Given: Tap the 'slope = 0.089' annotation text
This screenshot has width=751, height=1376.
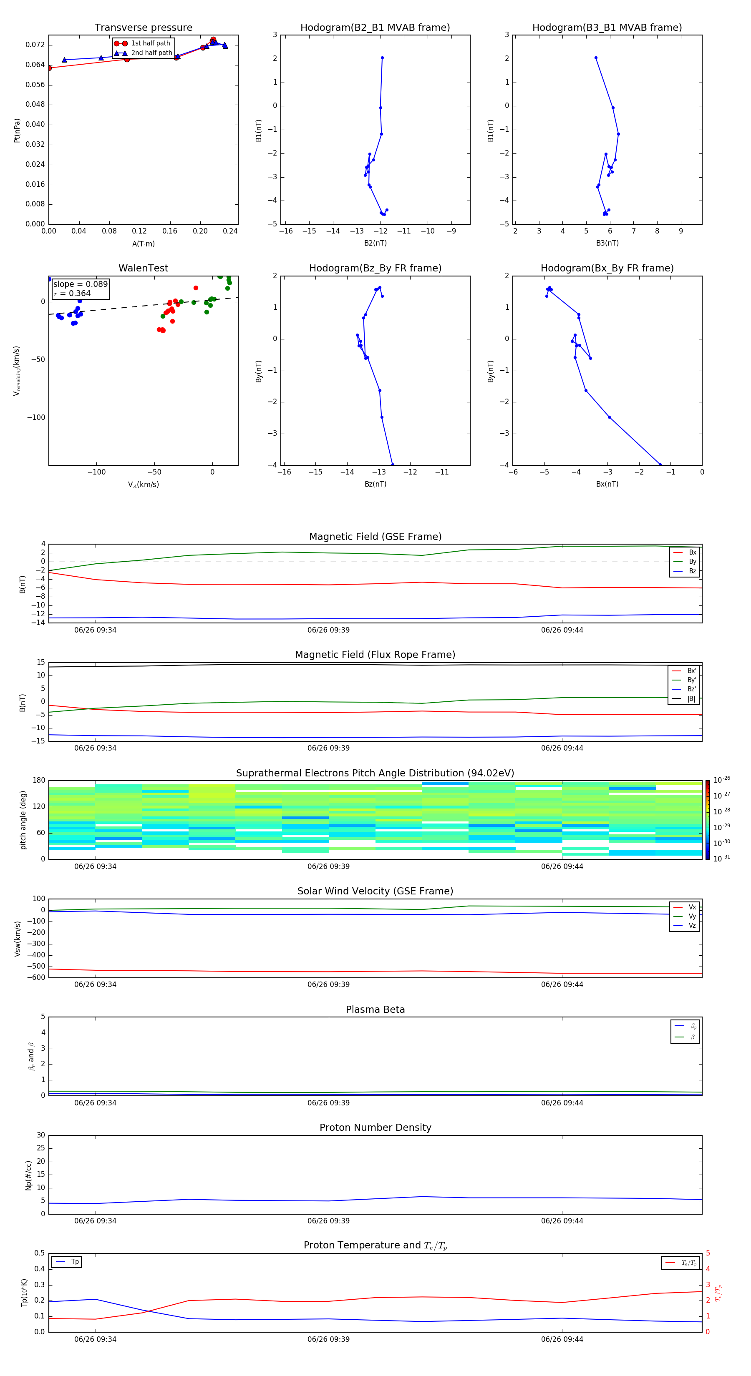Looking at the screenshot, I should (80, 284).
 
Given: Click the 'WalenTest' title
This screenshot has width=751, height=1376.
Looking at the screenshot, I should (143, 268).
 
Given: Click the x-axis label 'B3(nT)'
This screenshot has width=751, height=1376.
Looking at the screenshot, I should (607, 243).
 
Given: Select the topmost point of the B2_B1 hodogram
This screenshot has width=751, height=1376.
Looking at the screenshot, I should (382, 58).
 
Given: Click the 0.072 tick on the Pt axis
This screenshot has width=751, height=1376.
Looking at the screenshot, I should (35, 45).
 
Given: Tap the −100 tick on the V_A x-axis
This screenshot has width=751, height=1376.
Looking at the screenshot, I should (96, 472).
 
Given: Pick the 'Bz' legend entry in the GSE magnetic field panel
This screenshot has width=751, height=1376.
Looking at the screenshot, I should (692, 571).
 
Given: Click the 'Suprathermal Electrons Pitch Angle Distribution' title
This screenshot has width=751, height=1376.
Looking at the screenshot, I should (375, 773).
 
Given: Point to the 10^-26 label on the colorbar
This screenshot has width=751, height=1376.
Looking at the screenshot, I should (722, 780).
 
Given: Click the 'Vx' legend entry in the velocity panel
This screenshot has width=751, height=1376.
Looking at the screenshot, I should (692, 907).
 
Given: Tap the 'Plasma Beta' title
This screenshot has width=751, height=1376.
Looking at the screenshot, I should (375, 1009).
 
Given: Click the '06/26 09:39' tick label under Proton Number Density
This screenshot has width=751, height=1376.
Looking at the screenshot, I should (328, 1220).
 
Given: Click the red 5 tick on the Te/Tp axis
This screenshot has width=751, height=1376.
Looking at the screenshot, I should (708, 1253).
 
